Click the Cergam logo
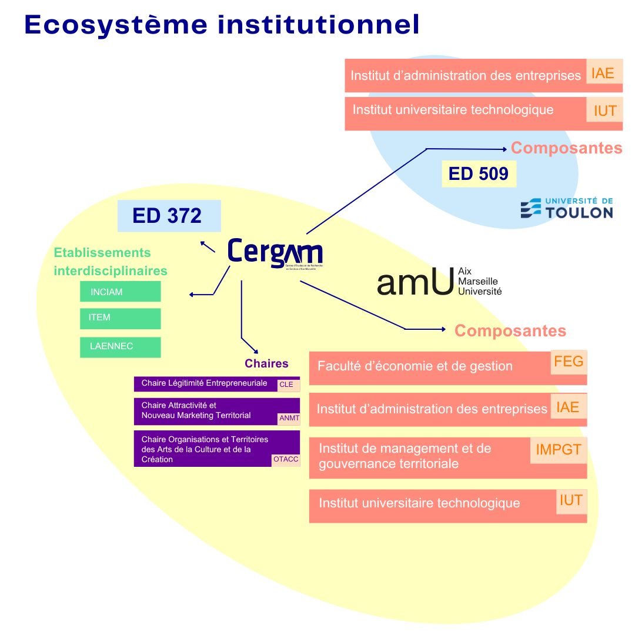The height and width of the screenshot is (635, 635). pos(275,253)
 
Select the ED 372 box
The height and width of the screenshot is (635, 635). pos(169,216)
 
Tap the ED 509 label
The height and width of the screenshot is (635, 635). pos(479,174)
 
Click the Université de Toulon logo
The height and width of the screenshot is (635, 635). pos(566,208)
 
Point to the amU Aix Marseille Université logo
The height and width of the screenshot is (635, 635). pos(439,282)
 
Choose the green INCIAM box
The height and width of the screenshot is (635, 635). pos(120,292)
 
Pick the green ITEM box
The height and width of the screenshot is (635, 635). pos(120,318)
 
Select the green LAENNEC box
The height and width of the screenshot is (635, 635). pos(120,347)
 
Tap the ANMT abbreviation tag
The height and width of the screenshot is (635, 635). pos(289,418)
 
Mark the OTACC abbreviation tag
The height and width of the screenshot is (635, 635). pos(286,460)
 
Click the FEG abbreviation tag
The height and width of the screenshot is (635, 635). pos(569,362)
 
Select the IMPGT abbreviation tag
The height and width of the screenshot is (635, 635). pos(558,450)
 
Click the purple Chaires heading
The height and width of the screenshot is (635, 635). pos(266,363)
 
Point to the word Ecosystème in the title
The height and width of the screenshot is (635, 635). pos(116,24)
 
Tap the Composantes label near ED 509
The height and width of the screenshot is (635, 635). pos(566,148)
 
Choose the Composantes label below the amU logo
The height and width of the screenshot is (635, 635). pos(510,330)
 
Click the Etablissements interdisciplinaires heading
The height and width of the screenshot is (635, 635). pos(111,262)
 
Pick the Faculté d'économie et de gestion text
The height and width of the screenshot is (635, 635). pos(415,366)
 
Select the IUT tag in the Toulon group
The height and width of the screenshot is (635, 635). pos(604,110)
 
